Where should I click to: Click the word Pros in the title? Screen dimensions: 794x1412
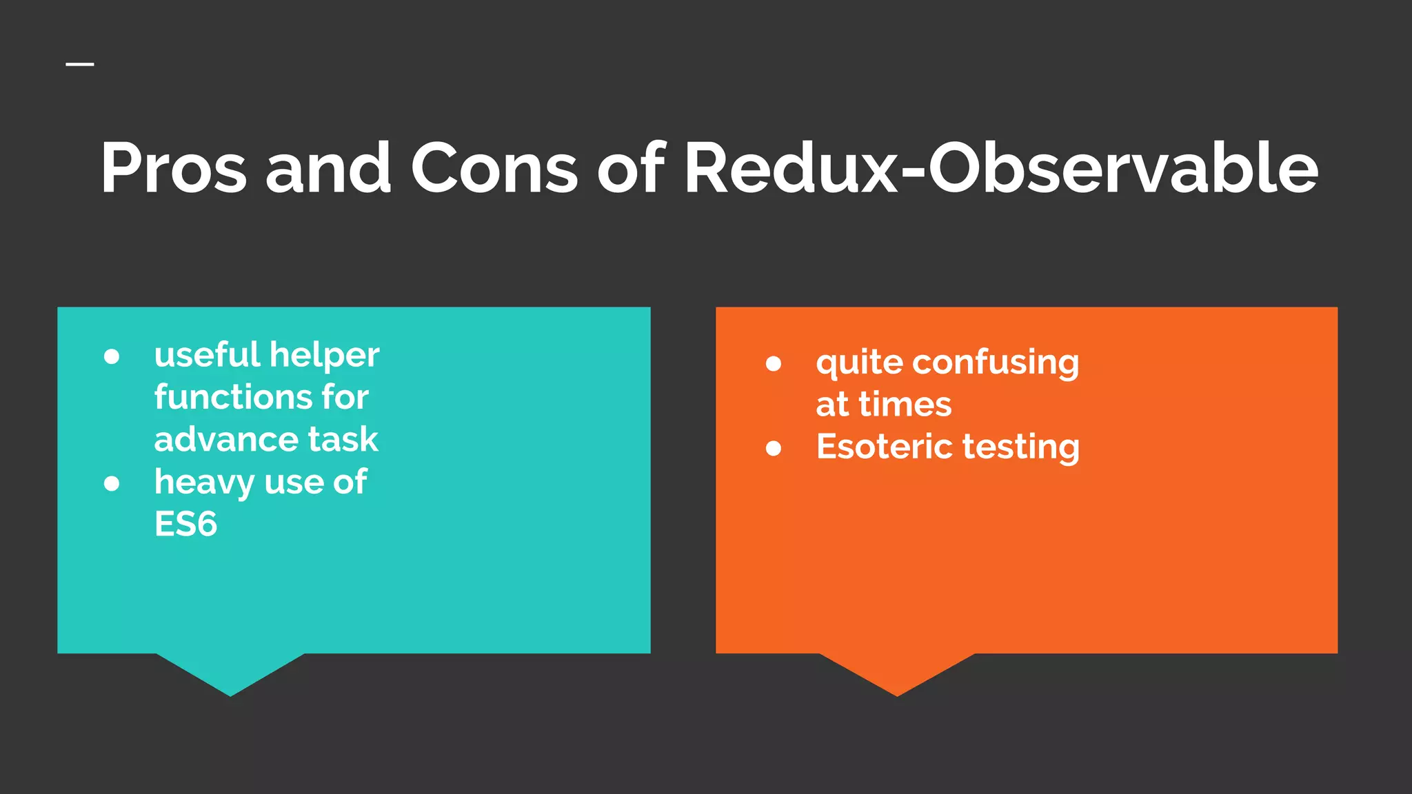173,167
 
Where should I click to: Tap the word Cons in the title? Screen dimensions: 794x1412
494,167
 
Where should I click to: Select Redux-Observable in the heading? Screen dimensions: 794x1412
1000,167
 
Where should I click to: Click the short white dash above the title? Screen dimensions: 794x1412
80,65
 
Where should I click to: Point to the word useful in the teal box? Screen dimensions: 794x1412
207,355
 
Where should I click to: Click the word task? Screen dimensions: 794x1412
343,439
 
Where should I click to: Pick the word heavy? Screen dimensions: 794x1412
204,482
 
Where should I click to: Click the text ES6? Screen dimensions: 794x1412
185,524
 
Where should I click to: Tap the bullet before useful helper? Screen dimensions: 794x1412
112,356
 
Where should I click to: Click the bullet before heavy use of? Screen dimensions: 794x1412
112,483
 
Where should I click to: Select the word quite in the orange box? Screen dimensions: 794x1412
858,363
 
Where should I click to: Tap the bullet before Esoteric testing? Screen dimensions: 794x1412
774,449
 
